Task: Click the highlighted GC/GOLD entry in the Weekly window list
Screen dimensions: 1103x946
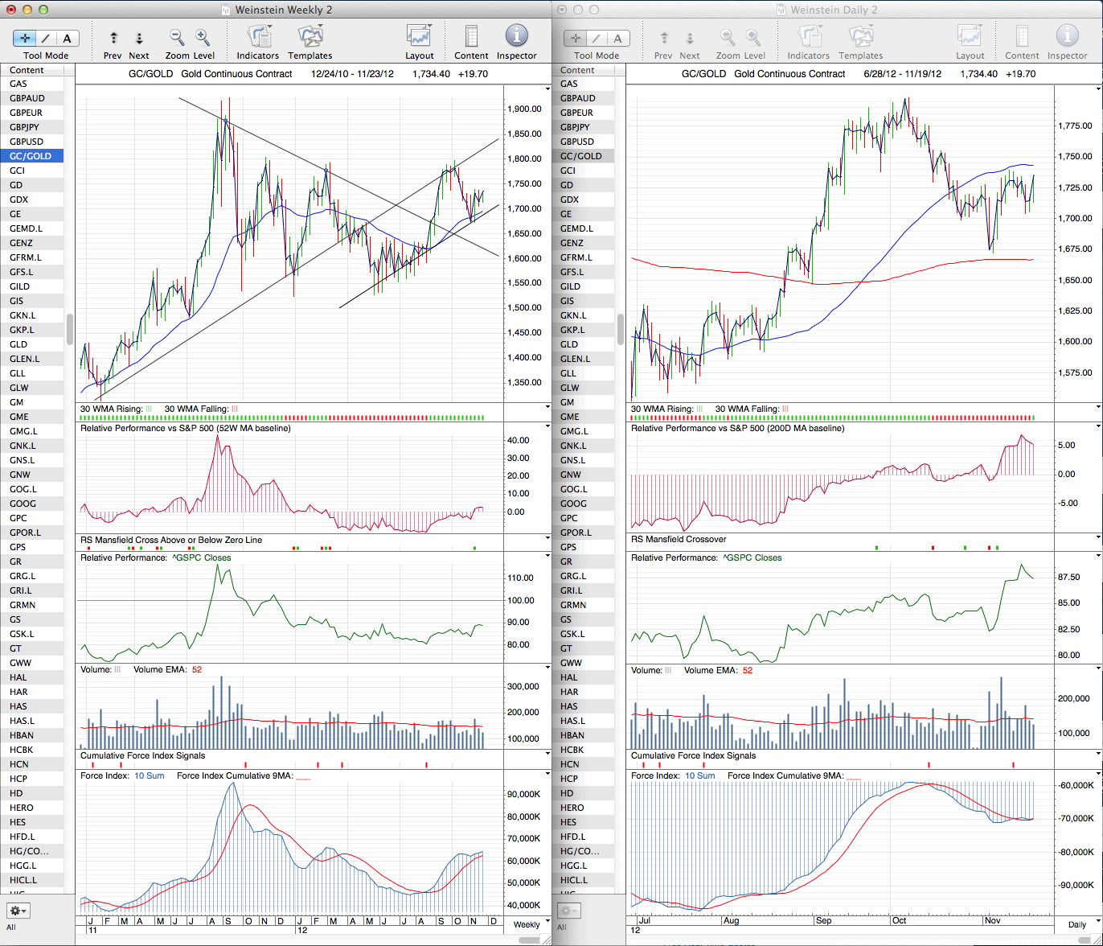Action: coord(31,156)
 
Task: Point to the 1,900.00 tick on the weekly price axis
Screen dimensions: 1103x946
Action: coord(524,109)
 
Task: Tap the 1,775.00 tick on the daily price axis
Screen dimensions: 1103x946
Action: coord(1075,126)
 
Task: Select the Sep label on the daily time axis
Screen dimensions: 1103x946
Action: coord(823,920)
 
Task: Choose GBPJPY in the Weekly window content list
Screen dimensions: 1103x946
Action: coord(26,127)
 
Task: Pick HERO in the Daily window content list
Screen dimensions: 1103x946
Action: coord(572,808)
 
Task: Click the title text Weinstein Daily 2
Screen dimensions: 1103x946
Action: coord(834,10)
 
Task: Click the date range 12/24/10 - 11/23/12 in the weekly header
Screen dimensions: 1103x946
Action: coord(352,74)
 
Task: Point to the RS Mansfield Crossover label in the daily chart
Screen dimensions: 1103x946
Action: coord(679,539)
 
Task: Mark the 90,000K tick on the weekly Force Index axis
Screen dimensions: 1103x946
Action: coord(523,794)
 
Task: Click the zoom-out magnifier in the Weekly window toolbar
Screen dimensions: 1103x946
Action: coord(176,37)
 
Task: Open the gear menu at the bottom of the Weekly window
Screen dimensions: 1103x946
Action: coord(18,911)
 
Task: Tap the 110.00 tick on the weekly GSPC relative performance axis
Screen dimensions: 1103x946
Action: coord(520,578)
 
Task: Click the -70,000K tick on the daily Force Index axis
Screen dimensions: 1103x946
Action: coord(1075,818)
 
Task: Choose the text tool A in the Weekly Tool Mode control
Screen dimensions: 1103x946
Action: coord(68,39)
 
